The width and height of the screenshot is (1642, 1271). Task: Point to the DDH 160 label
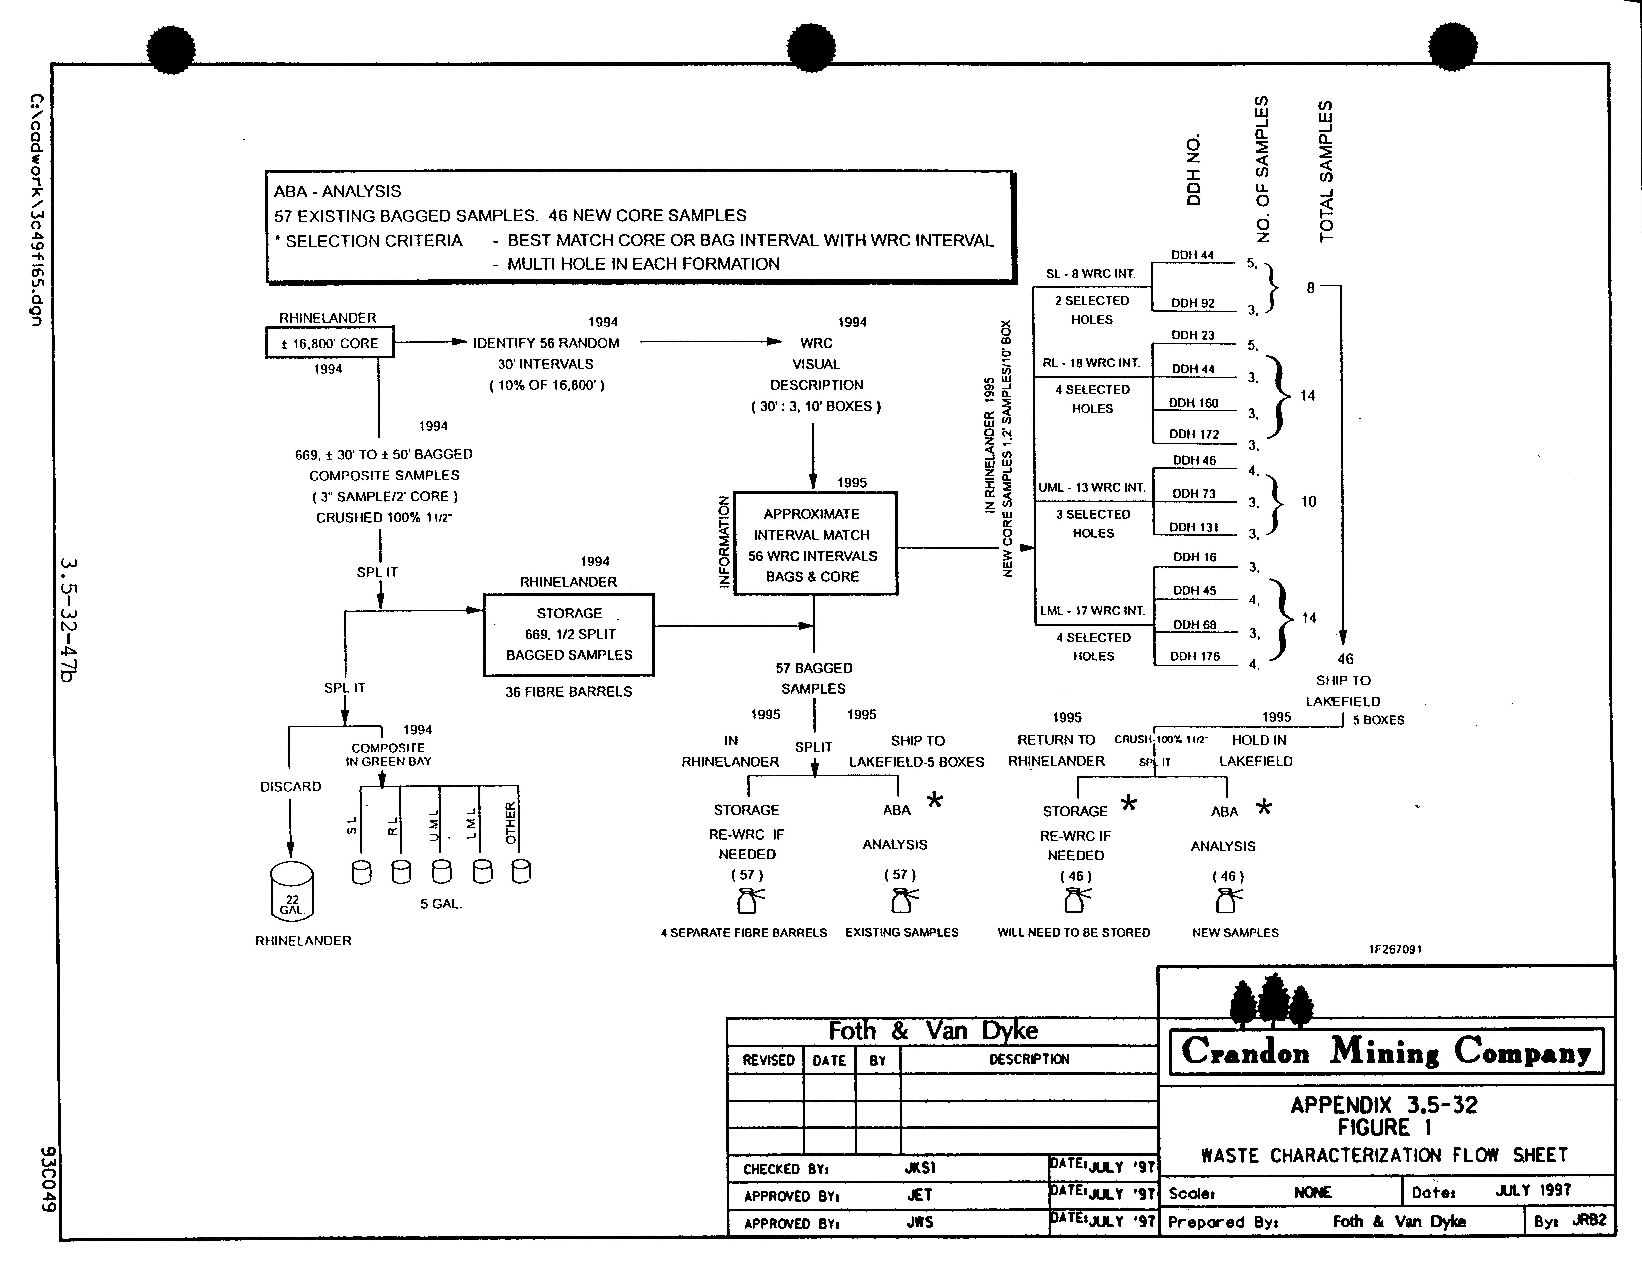click(1193, 403)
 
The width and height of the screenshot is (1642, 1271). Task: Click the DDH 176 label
click(1195, 656)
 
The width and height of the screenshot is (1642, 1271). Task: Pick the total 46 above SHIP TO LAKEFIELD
click(1345, 658)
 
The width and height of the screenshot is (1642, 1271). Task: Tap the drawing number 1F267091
click(1395, 948)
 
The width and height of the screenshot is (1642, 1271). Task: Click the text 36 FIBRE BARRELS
click(568, 691)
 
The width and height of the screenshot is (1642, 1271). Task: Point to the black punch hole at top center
click(811, 49)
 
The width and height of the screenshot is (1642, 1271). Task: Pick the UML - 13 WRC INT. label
click(1092, 487)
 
